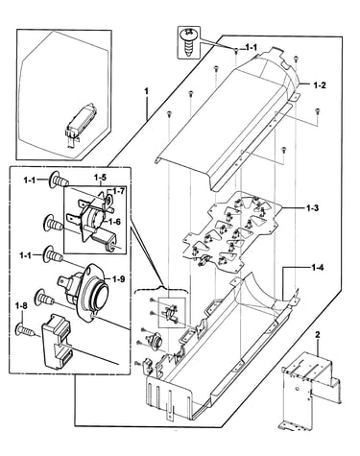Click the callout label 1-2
pyautogui.click(x=320, y=85)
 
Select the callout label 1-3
pyautogui.click(x=312, y=208)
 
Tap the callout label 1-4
pyautogui.click(x=317, y=267)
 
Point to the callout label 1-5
pyautogui.click(x=100, y=177)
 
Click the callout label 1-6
pyautogui.click(x=114, y=221)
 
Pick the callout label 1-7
pyautogui.click(x=117, y=191)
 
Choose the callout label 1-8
pyautogui.click(x=21, y=305)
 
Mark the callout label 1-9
pyautogui.click(x=118, y=279)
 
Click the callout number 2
pyautogui.click(x=318, y=335)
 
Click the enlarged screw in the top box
pyautogui.click(x=189, y=42)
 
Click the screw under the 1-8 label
pyautogui.click(x=25, y=329)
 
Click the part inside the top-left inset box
pyautogui.click(x=80, y=123)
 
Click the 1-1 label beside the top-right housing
pyautogui.click(x=252, y=48)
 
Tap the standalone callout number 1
pyautogui.click(x=147, y=91)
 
